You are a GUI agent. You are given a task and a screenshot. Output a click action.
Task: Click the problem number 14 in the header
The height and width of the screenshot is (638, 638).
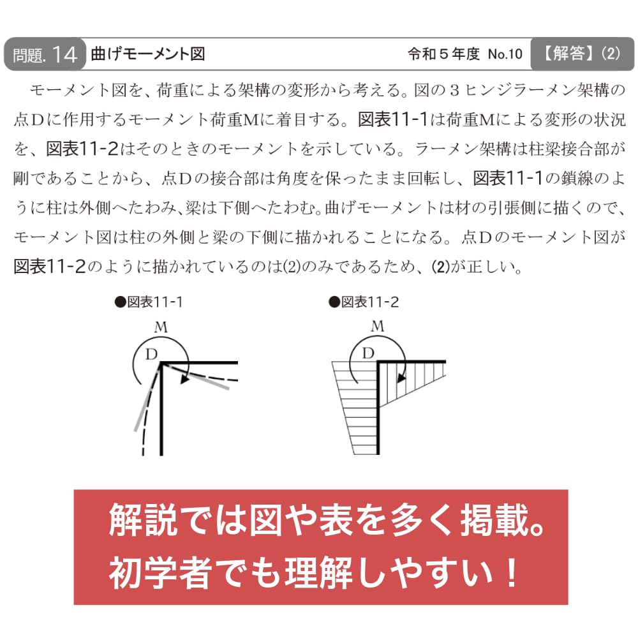[64, 55]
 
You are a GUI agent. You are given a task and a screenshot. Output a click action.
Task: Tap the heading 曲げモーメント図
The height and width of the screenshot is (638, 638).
[148, 54]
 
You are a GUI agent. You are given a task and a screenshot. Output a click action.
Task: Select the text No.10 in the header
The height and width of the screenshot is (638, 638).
[505, 54]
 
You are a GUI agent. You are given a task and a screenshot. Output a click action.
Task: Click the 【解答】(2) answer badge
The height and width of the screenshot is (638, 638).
[582, 54]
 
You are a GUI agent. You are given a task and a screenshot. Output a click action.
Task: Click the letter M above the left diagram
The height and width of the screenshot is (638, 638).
[161, 327]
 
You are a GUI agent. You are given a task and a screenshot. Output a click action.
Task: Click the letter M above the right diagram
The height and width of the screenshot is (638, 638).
[378, 326]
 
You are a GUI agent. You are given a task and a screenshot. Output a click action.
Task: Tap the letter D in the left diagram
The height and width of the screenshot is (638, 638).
[151, 354]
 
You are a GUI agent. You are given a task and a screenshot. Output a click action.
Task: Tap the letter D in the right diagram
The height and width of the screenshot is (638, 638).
[368, 353]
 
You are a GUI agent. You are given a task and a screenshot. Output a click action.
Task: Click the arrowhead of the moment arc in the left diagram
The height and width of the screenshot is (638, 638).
[185, 379]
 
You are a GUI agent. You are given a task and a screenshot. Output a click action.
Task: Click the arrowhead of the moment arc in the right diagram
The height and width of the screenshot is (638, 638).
[401, 377]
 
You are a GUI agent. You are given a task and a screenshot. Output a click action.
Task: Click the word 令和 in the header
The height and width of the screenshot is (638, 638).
[422, 54]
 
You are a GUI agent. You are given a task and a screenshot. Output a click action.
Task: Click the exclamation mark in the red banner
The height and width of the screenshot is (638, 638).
[510, 572]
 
